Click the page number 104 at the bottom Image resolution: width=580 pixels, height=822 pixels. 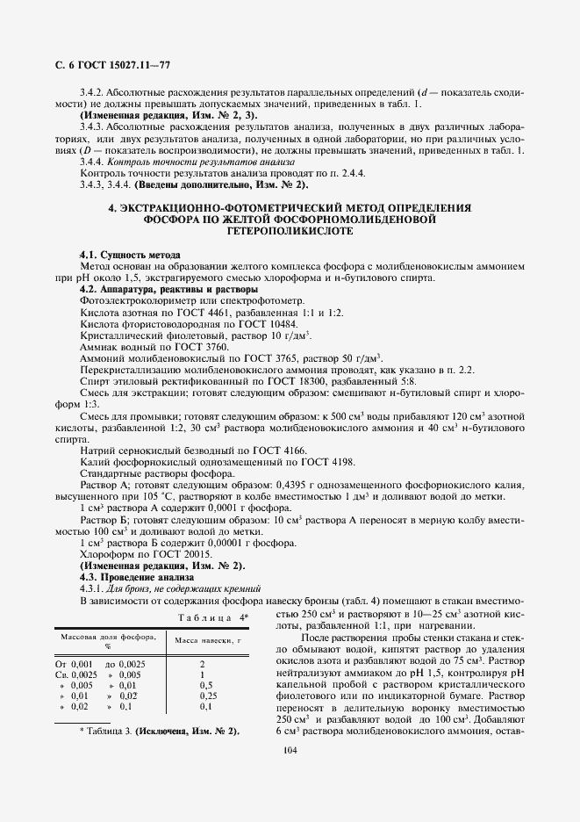pyautogui.click(x=290, y=749)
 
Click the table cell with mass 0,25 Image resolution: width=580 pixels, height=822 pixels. pyautogui.click(x=207, y=695)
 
